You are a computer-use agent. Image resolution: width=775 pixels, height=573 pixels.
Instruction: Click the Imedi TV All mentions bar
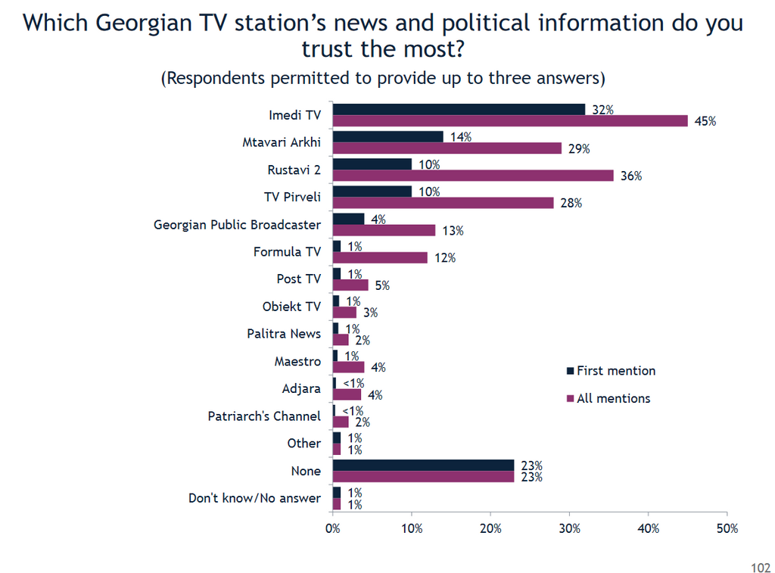coord(510,121)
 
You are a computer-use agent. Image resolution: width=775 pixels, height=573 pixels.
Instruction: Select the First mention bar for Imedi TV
coord(459,110)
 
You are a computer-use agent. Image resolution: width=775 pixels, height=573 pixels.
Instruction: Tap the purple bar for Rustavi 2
coord(473,176)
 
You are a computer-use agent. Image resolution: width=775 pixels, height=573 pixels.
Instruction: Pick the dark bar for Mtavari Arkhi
coord(388,137)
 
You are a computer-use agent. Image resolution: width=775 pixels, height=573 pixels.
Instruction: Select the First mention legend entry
coord(611,371)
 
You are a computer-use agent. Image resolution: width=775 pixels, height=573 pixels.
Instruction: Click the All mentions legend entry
coord(608,398)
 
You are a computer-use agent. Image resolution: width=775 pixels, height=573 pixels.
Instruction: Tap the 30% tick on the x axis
coord(570,528)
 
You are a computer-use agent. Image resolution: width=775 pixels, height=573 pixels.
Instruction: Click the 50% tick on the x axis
coord(727,528)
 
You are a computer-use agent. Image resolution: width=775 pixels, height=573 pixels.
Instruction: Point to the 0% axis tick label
coord(333,528)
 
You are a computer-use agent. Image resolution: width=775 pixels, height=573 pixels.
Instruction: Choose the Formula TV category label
coord(287,251)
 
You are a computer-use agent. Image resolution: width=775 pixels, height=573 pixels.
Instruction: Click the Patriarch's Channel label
coord(264,416)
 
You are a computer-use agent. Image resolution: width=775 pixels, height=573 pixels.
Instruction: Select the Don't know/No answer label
coord(254,498)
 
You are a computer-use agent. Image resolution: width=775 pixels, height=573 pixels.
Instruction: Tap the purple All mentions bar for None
coord(423,477)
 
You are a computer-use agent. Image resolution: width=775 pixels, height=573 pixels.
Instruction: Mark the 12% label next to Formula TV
coord(445,258)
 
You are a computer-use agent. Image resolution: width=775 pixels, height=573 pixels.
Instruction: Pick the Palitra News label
coord(284,334)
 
